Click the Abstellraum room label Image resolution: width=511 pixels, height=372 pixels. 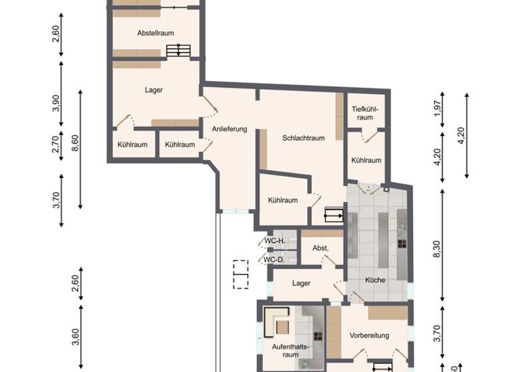tap(155, 33)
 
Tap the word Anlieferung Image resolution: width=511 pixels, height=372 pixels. tap(230, 129)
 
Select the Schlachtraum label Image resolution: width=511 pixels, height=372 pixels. tap(303, 138)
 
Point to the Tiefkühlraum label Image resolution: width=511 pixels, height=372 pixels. tap(365, 113)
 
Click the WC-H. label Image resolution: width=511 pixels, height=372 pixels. tap(275, 240)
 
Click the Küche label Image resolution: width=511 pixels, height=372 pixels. tap(375, 280)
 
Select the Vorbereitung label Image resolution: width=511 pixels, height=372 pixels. tap(369, 335)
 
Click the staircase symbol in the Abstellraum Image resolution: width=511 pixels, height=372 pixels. tap(178, 50)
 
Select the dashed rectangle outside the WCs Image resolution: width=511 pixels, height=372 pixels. tap(240, 274)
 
